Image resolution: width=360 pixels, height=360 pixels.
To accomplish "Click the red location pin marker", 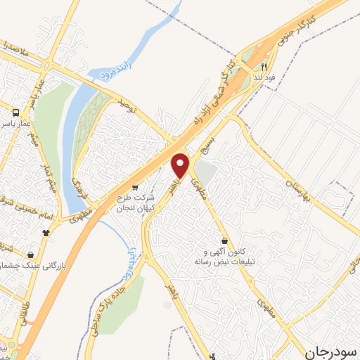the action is (x=181, y=165).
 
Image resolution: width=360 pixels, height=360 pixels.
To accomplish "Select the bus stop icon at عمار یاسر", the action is (x=15, y=112).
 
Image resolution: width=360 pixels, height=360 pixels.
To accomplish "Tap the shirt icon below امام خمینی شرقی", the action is (x=46, y=232).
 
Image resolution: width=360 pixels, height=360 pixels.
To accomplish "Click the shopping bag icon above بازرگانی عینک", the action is (x=30, y=255).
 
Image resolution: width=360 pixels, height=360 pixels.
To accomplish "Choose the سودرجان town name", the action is (x=330, y=350).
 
